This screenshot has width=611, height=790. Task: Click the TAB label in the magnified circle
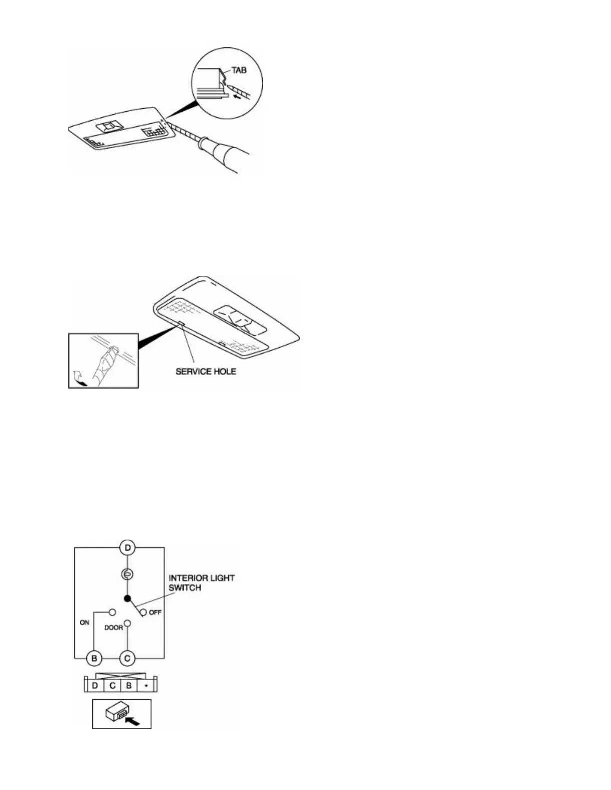click(x=239, y=70)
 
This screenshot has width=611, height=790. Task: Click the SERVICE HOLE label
click(x=206, y=372)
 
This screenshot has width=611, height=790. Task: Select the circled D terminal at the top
click(x=127, y=548)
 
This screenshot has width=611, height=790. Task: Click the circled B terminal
click(x=94, y=658)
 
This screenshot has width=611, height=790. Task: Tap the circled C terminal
click(x=127, y=658)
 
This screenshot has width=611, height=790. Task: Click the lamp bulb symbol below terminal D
click(x=127, y=575)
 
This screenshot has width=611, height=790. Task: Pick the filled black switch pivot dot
click(x=127, y=598)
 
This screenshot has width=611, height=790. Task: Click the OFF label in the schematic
click(x=155, y=612)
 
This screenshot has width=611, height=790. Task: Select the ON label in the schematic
click(x=84, y=622)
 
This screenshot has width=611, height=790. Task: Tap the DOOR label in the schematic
click(x=113, y=627)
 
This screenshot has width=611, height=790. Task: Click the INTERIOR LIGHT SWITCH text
click(x=201, y=583)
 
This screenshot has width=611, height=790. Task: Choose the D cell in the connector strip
click(x=95, y=685)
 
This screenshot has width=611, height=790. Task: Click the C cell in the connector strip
click(x=112, y=685)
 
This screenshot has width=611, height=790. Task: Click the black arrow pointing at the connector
click(x=133, y=720)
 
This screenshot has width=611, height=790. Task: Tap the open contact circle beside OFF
click(x=143, y=612)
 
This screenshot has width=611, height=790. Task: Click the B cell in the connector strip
click(x=129, y=685)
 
